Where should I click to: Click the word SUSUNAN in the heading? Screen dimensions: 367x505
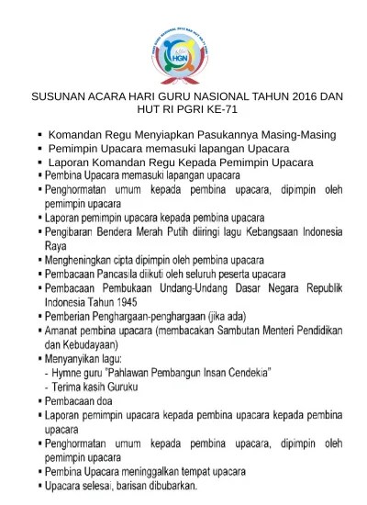tap(61, 97)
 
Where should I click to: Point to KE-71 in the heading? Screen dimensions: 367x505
tap(232, 110)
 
